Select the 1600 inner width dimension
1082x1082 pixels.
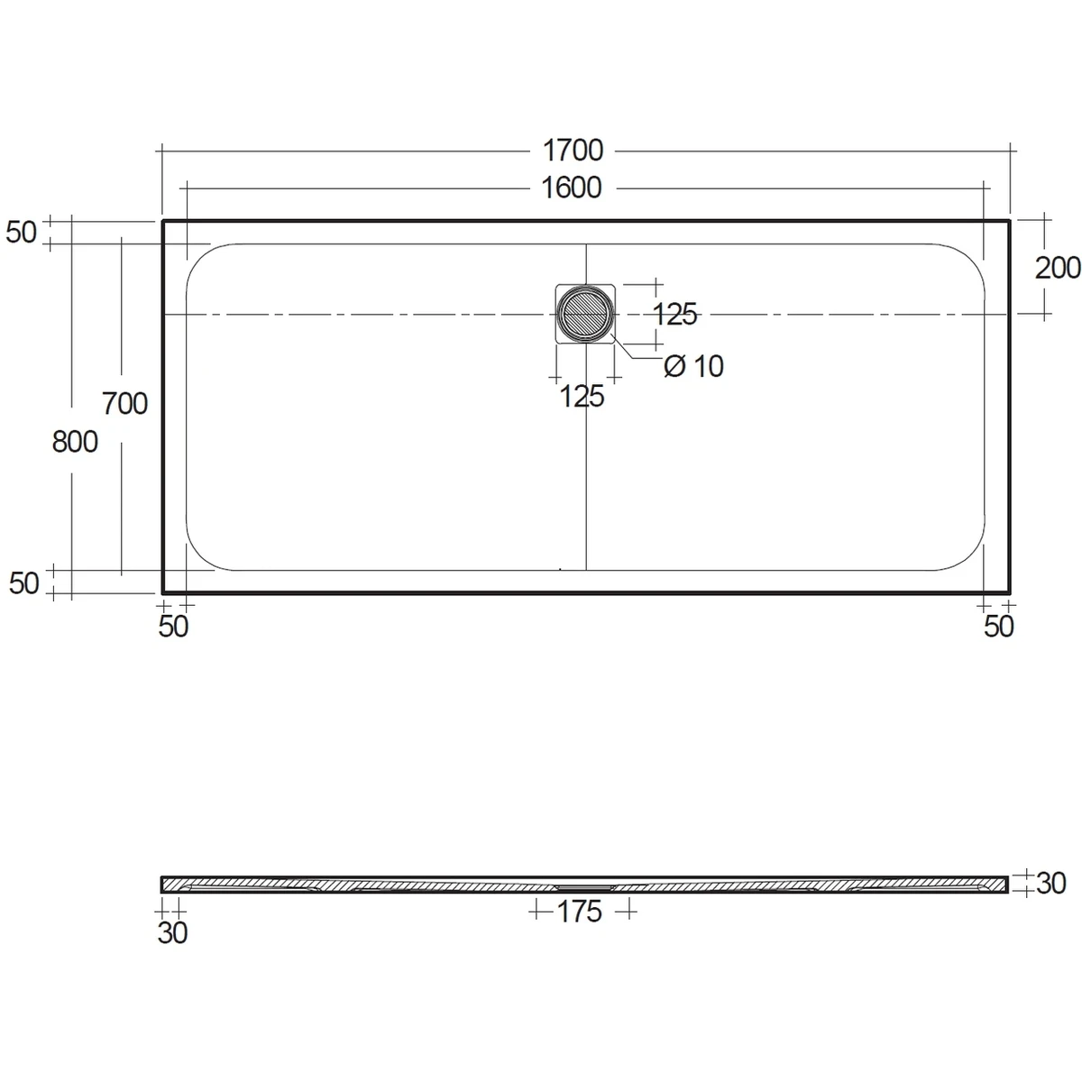point(572,188)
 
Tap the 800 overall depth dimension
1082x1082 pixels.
point(74,442)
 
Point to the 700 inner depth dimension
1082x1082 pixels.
point(124,403)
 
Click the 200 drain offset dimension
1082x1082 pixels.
point(1058,268)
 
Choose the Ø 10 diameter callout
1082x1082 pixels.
point(693,366)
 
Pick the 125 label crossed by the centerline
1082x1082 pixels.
point(675,315)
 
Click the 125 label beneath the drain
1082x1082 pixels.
point(582,396)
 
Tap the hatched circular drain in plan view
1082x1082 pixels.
point(585,314)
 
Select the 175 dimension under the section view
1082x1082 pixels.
point(579,912)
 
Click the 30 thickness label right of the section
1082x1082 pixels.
point(1051,884)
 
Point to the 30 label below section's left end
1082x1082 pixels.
point(172,933)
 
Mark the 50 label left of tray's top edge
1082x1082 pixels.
point(23,232)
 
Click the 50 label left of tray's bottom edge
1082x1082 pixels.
point(24,583)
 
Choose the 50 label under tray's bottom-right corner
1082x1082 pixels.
point(999,627)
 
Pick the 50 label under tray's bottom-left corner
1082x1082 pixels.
point(173,627)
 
